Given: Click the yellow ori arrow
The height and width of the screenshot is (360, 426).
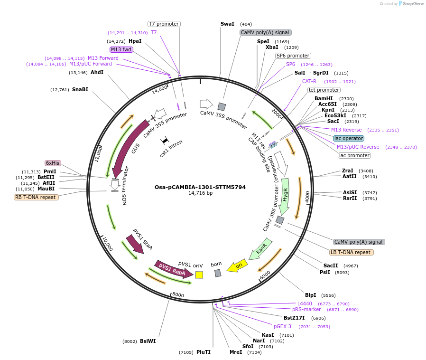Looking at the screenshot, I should point(237,266).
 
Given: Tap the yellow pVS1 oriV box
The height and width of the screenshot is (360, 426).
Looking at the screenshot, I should point(199,275).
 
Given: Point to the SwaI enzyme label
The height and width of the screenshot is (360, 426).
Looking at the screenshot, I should point(227,24).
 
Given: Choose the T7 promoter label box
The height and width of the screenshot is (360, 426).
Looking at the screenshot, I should point(164,24).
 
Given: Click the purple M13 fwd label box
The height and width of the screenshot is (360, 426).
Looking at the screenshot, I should point(121,49).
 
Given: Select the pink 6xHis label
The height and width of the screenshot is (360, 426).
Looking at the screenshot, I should point(53,163).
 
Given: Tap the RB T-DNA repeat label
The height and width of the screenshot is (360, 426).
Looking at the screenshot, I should point(36,197).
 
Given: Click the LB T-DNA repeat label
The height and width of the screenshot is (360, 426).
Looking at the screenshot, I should point(352,252).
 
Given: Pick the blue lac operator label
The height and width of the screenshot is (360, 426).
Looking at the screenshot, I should point(348,138).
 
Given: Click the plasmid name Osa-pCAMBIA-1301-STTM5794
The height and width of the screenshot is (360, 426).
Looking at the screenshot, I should point(200,187).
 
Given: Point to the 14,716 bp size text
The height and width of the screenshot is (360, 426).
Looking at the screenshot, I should point(200,193).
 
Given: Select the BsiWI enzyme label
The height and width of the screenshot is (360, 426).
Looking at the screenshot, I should point(148,341).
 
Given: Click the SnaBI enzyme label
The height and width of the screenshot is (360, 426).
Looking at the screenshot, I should point(80,89).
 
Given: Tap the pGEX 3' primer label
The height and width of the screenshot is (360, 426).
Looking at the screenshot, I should point(283,326).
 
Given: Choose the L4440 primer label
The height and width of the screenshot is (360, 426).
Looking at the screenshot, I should point(305,303).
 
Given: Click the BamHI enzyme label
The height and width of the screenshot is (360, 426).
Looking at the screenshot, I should point(324,98).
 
